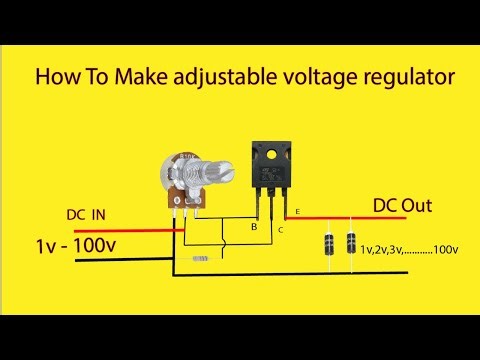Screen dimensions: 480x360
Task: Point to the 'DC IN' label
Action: tap(86, 215)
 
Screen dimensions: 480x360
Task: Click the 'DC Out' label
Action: tap(402, 205)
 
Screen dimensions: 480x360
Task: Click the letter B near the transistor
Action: tap(254, 228)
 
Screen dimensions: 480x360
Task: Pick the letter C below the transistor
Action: tap(281, 231)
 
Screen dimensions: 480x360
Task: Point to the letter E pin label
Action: tap(297, 213)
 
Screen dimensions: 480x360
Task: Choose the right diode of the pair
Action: tap(351, 244)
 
